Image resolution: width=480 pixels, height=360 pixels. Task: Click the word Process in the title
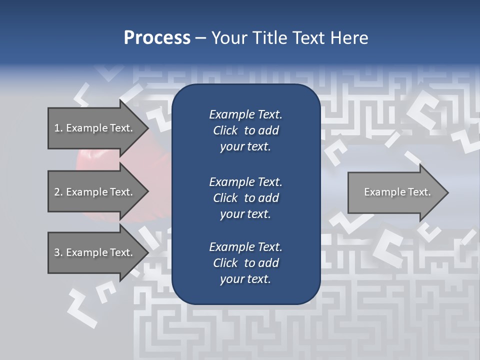[157, 38]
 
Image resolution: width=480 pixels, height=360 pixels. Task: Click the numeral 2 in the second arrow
[56, 192]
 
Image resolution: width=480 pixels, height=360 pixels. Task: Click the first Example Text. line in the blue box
[245, 114]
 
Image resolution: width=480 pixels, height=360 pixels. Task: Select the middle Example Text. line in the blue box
[245, 181]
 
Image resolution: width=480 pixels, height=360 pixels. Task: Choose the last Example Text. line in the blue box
[245, 247]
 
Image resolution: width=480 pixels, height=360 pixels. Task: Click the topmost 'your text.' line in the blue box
[245, 147]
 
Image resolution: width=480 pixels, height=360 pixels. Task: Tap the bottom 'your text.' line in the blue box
[245, 279]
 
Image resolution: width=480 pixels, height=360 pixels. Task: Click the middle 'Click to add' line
[245, 198]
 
